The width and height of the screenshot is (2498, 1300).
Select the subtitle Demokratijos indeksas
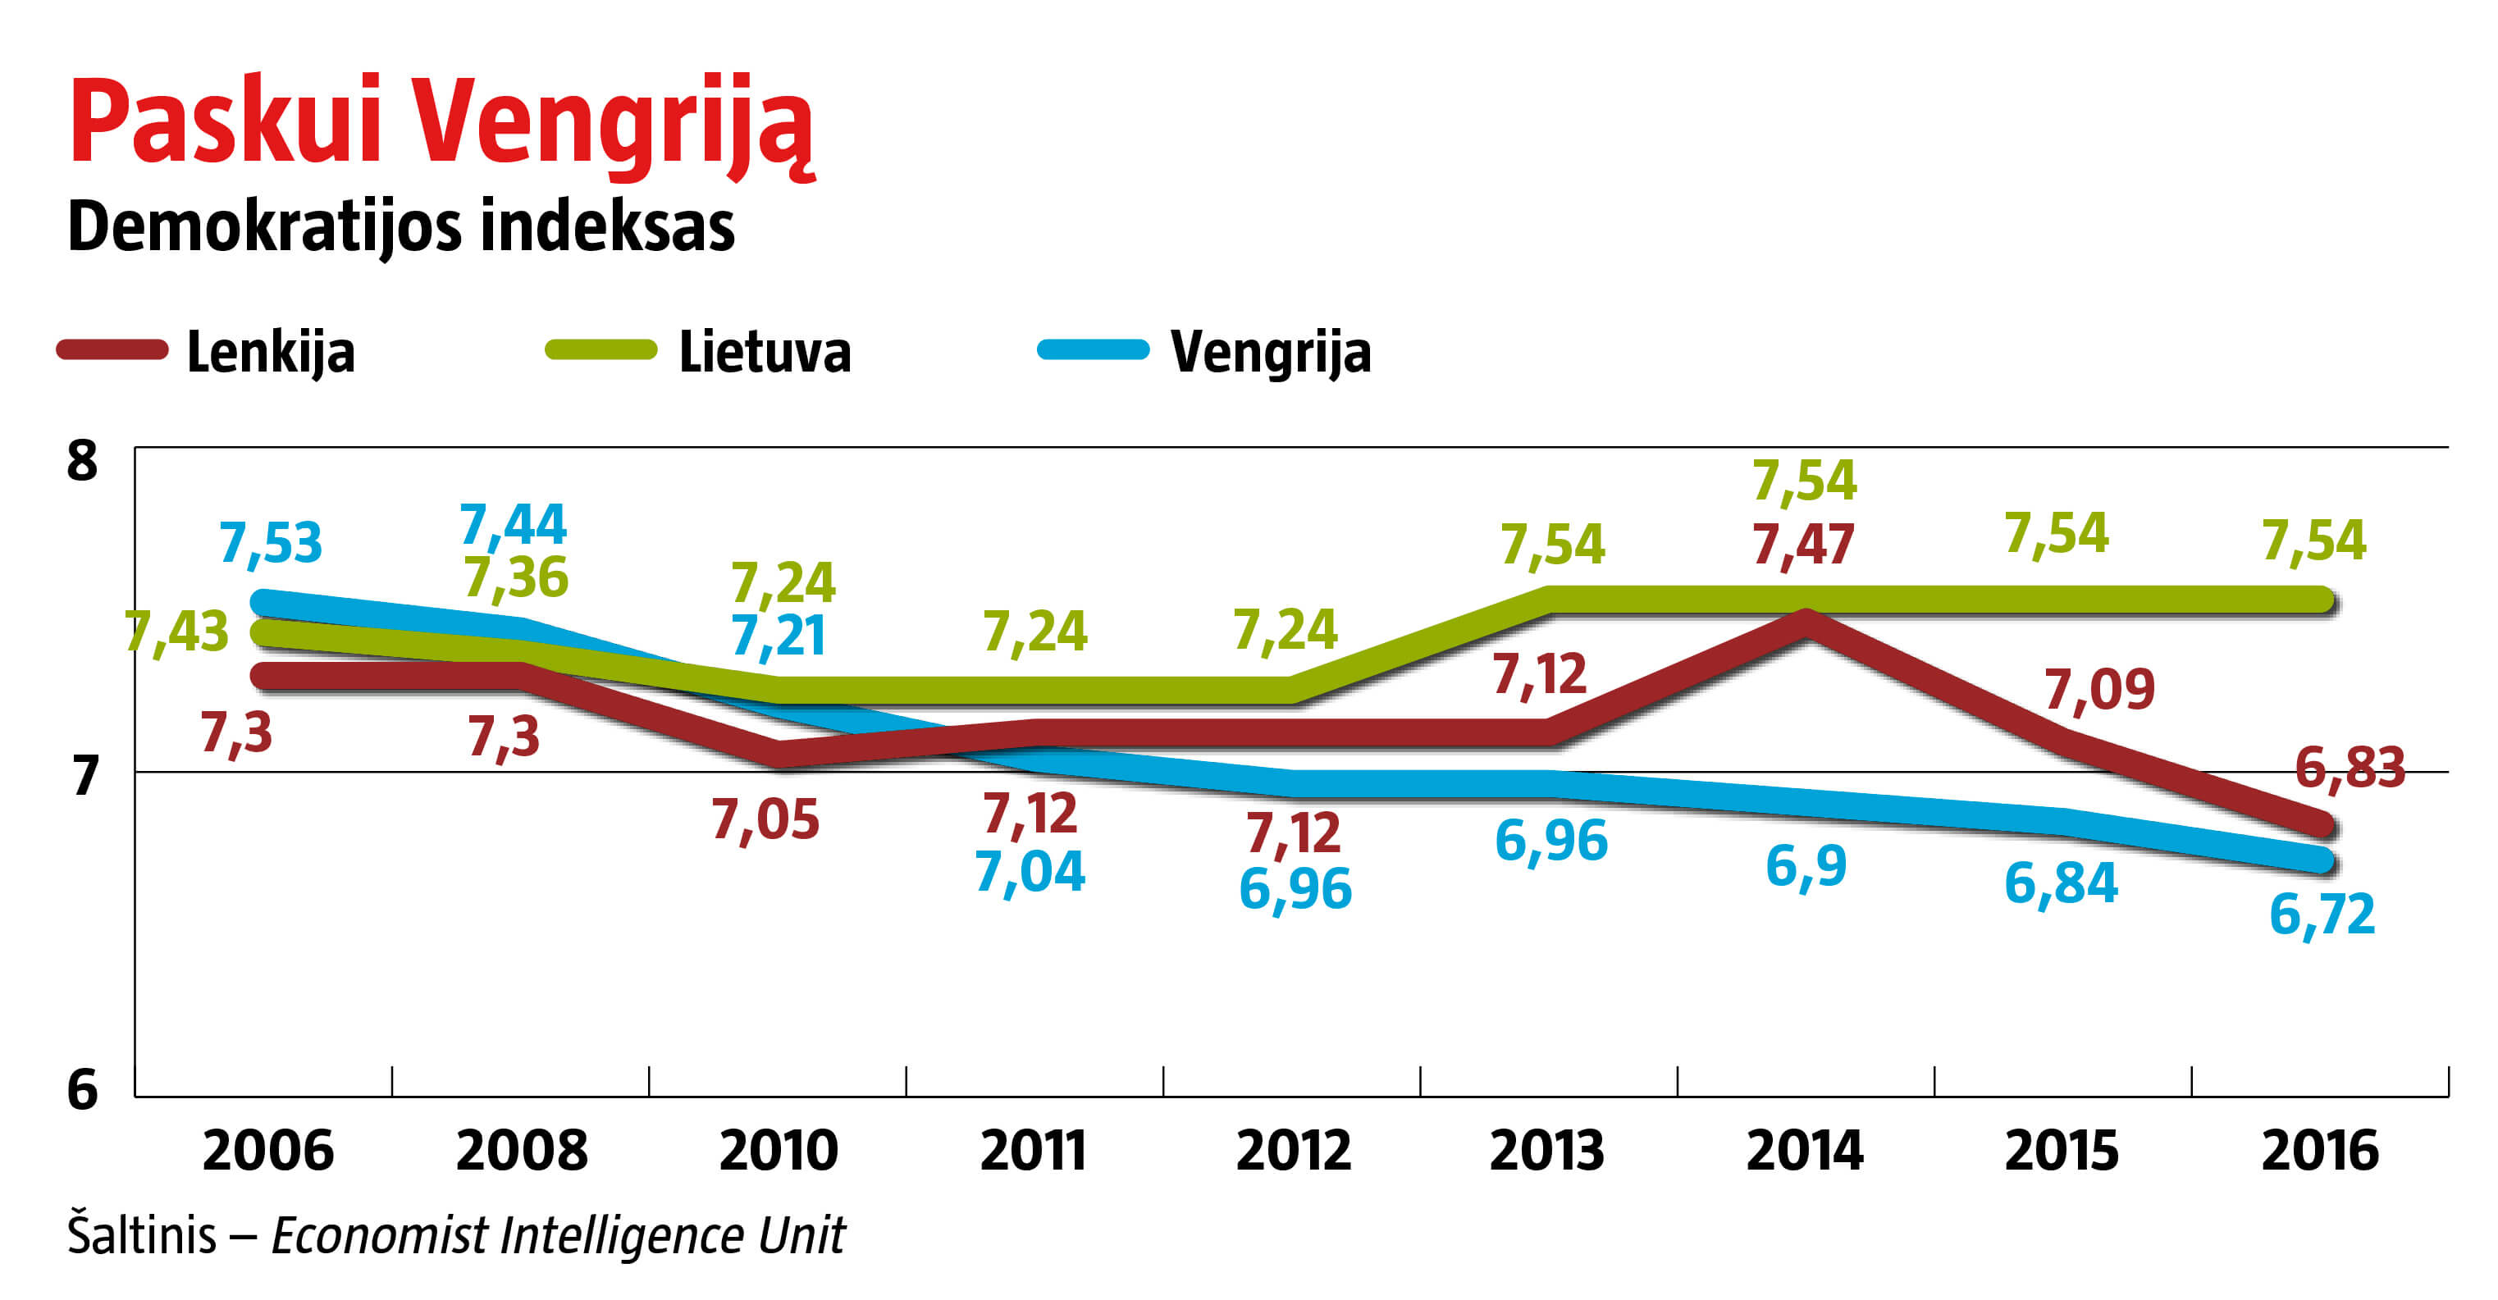400,227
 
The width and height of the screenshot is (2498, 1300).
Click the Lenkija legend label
271,351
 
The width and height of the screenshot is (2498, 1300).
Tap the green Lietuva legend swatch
601,349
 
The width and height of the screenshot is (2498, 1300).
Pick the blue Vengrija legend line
1093,349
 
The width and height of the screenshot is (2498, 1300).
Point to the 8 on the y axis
82,462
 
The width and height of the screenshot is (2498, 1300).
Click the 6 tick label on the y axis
82,1090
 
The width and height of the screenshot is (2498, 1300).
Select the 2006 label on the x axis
267,1151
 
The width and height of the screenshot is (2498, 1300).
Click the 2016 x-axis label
2320,1151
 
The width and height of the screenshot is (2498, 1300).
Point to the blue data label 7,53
271,542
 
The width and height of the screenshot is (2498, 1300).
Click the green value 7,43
177,632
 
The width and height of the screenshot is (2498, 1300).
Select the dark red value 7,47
1804,544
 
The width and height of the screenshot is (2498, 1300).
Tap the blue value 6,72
2322,915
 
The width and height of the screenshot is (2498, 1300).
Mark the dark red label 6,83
2350,768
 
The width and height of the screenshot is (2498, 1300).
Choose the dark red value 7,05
765,820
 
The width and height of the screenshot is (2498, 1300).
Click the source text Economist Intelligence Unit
558,1236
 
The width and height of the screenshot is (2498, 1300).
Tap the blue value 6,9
1806,865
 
